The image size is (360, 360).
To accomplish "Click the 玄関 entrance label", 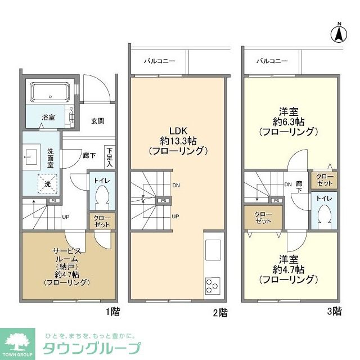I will coord(97,121).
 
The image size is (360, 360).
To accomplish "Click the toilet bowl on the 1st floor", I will coord(102,196).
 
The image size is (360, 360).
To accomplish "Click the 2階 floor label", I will coord(220,311).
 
